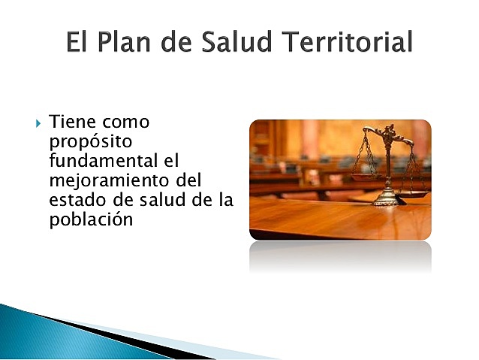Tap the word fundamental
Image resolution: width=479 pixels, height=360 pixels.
point(100,161)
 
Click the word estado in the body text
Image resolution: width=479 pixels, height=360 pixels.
point(73,200)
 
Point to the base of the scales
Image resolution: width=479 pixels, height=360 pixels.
point(387,201)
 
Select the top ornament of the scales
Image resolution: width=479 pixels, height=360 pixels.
point(388,131)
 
